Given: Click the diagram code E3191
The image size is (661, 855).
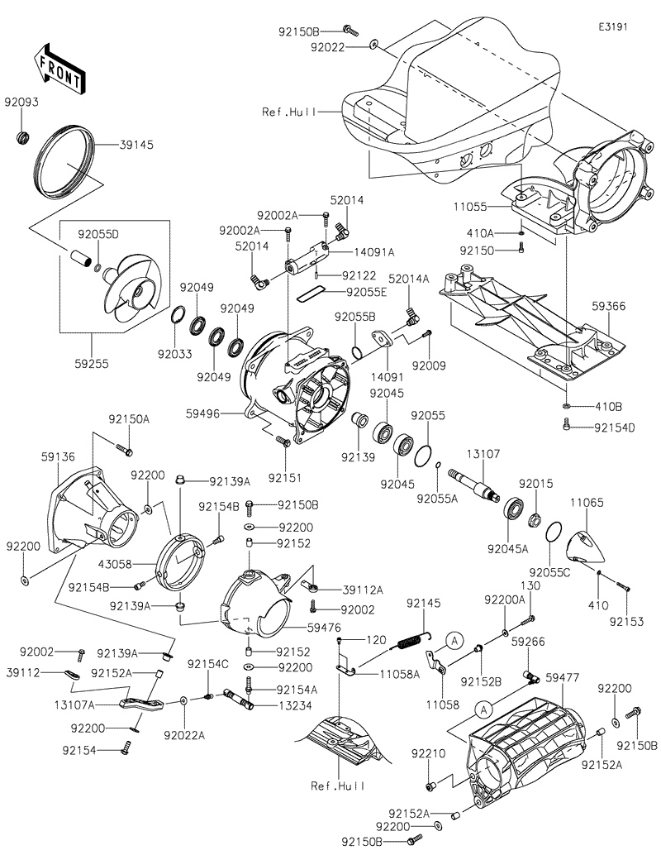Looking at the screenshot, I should tap(613, 26).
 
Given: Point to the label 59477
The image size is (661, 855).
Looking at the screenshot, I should tap(563, 677).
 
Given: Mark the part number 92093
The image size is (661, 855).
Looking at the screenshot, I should tap(21, 103).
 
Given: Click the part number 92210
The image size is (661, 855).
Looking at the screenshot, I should tap(430, 754).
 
